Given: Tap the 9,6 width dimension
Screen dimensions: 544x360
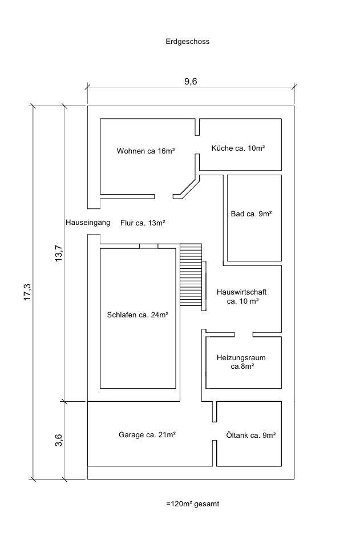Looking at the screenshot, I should pyautogui.click(x=191, y=81).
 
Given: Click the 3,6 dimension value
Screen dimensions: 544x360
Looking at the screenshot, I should pyautogui.click(x=58, y=440).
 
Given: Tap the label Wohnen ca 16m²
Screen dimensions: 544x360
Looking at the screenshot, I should pyautogui.click(x=145, y=151).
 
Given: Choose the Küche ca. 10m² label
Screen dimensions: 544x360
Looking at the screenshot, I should pyautogui.click(x=238, y=148).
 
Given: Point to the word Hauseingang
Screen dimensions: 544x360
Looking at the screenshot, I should pyautogui.click(x=88, y=223).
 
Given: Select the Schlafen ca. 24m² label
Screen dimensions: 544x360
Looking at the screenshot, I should pyautogui.click(x=137, y=314).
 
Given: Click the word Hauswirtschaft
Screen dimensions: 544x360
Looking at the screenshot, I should pyautogui.click(x=241, y=292).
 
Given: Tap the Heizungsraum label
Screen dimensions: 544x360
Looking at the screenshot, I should pyautogui.click(x=241, y=358).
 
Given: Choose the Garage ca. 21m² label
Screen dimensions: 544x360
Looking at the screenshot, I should pyautogui.click(x=147, y=434).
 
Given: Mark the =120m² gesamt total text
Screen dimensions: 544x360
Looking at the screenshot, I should pyautogui.click(x=193, y=504).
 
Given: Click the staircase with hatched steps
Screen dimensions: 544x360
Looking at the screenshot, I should pyautogui.click(x=191, y=275).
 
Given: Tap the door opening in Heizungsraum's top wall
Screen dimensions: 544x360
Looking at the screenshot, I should pyautogui.click(x=237, y=333).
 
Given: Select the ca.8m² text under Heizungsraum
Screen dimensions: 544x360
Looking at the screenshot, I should pyautogui.click(x=242, y=367).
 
